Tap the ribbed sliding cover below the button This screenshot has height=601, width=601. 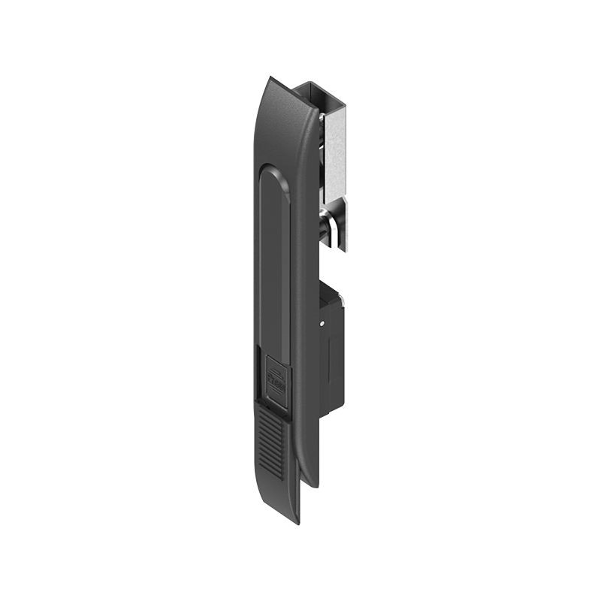(x=275, y=443)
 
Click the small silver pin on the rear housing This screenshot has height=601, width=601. (x=322, y=324)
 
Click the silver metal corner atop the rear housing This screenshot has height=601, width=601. (x=342, y=298)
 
